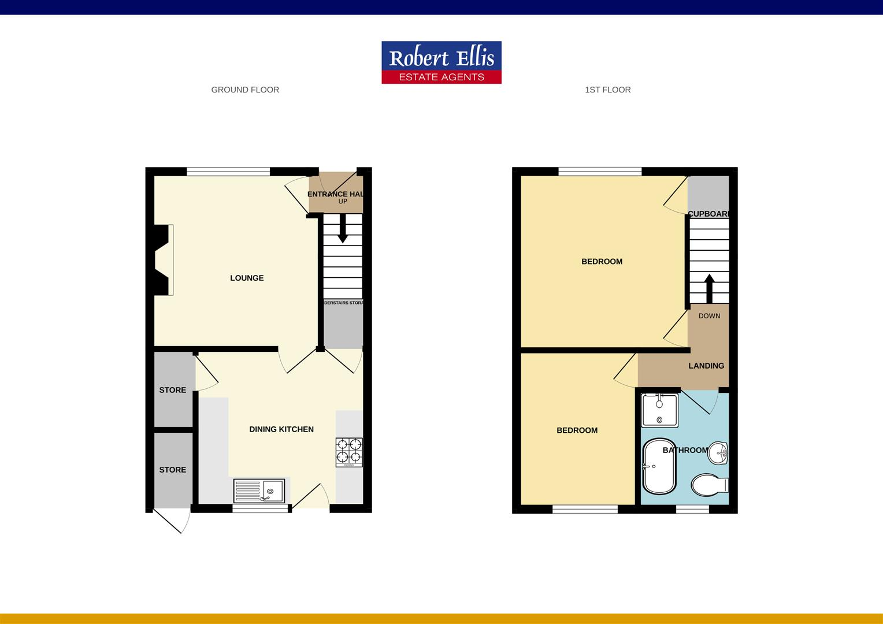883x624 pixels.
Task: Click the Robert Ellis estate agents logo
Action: [441, 62]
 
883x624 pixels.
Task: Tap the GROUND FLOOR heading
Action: [245, 90]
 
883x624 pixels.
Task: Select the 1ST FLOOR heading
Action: [607, 90]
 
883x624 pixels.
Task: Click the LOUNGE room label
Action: [247, 278]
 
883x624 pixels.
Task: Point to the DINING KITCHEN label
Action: [281, 429]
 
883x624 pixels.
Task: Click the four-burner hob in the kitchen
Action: [349, 452]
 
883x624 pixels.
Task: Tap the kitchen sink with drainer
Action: [259, 491]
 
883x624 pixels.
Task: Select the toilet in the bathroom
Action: [710, 485]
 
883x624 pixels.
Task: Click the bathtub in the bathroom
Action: [658, 467]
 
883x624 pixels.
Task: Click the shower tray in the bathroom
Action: [659, 410]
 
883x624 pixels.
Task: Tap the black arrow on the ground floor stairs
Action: [343, 229]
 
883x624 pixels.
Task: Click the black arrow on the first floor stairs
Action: [708, 287]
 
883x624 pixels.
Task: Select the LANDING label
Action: [706, 366]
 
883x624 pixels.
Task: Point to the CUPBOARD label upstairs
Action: [708, 214]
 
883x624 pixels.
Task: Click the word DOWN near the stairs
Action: [709, 316]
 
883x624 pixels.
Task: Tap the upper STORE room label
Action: [173, 390]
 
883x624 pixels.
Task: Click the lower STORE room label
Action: [173, 470]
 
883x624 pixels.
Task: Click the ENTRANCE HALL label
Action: [336, 194]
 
